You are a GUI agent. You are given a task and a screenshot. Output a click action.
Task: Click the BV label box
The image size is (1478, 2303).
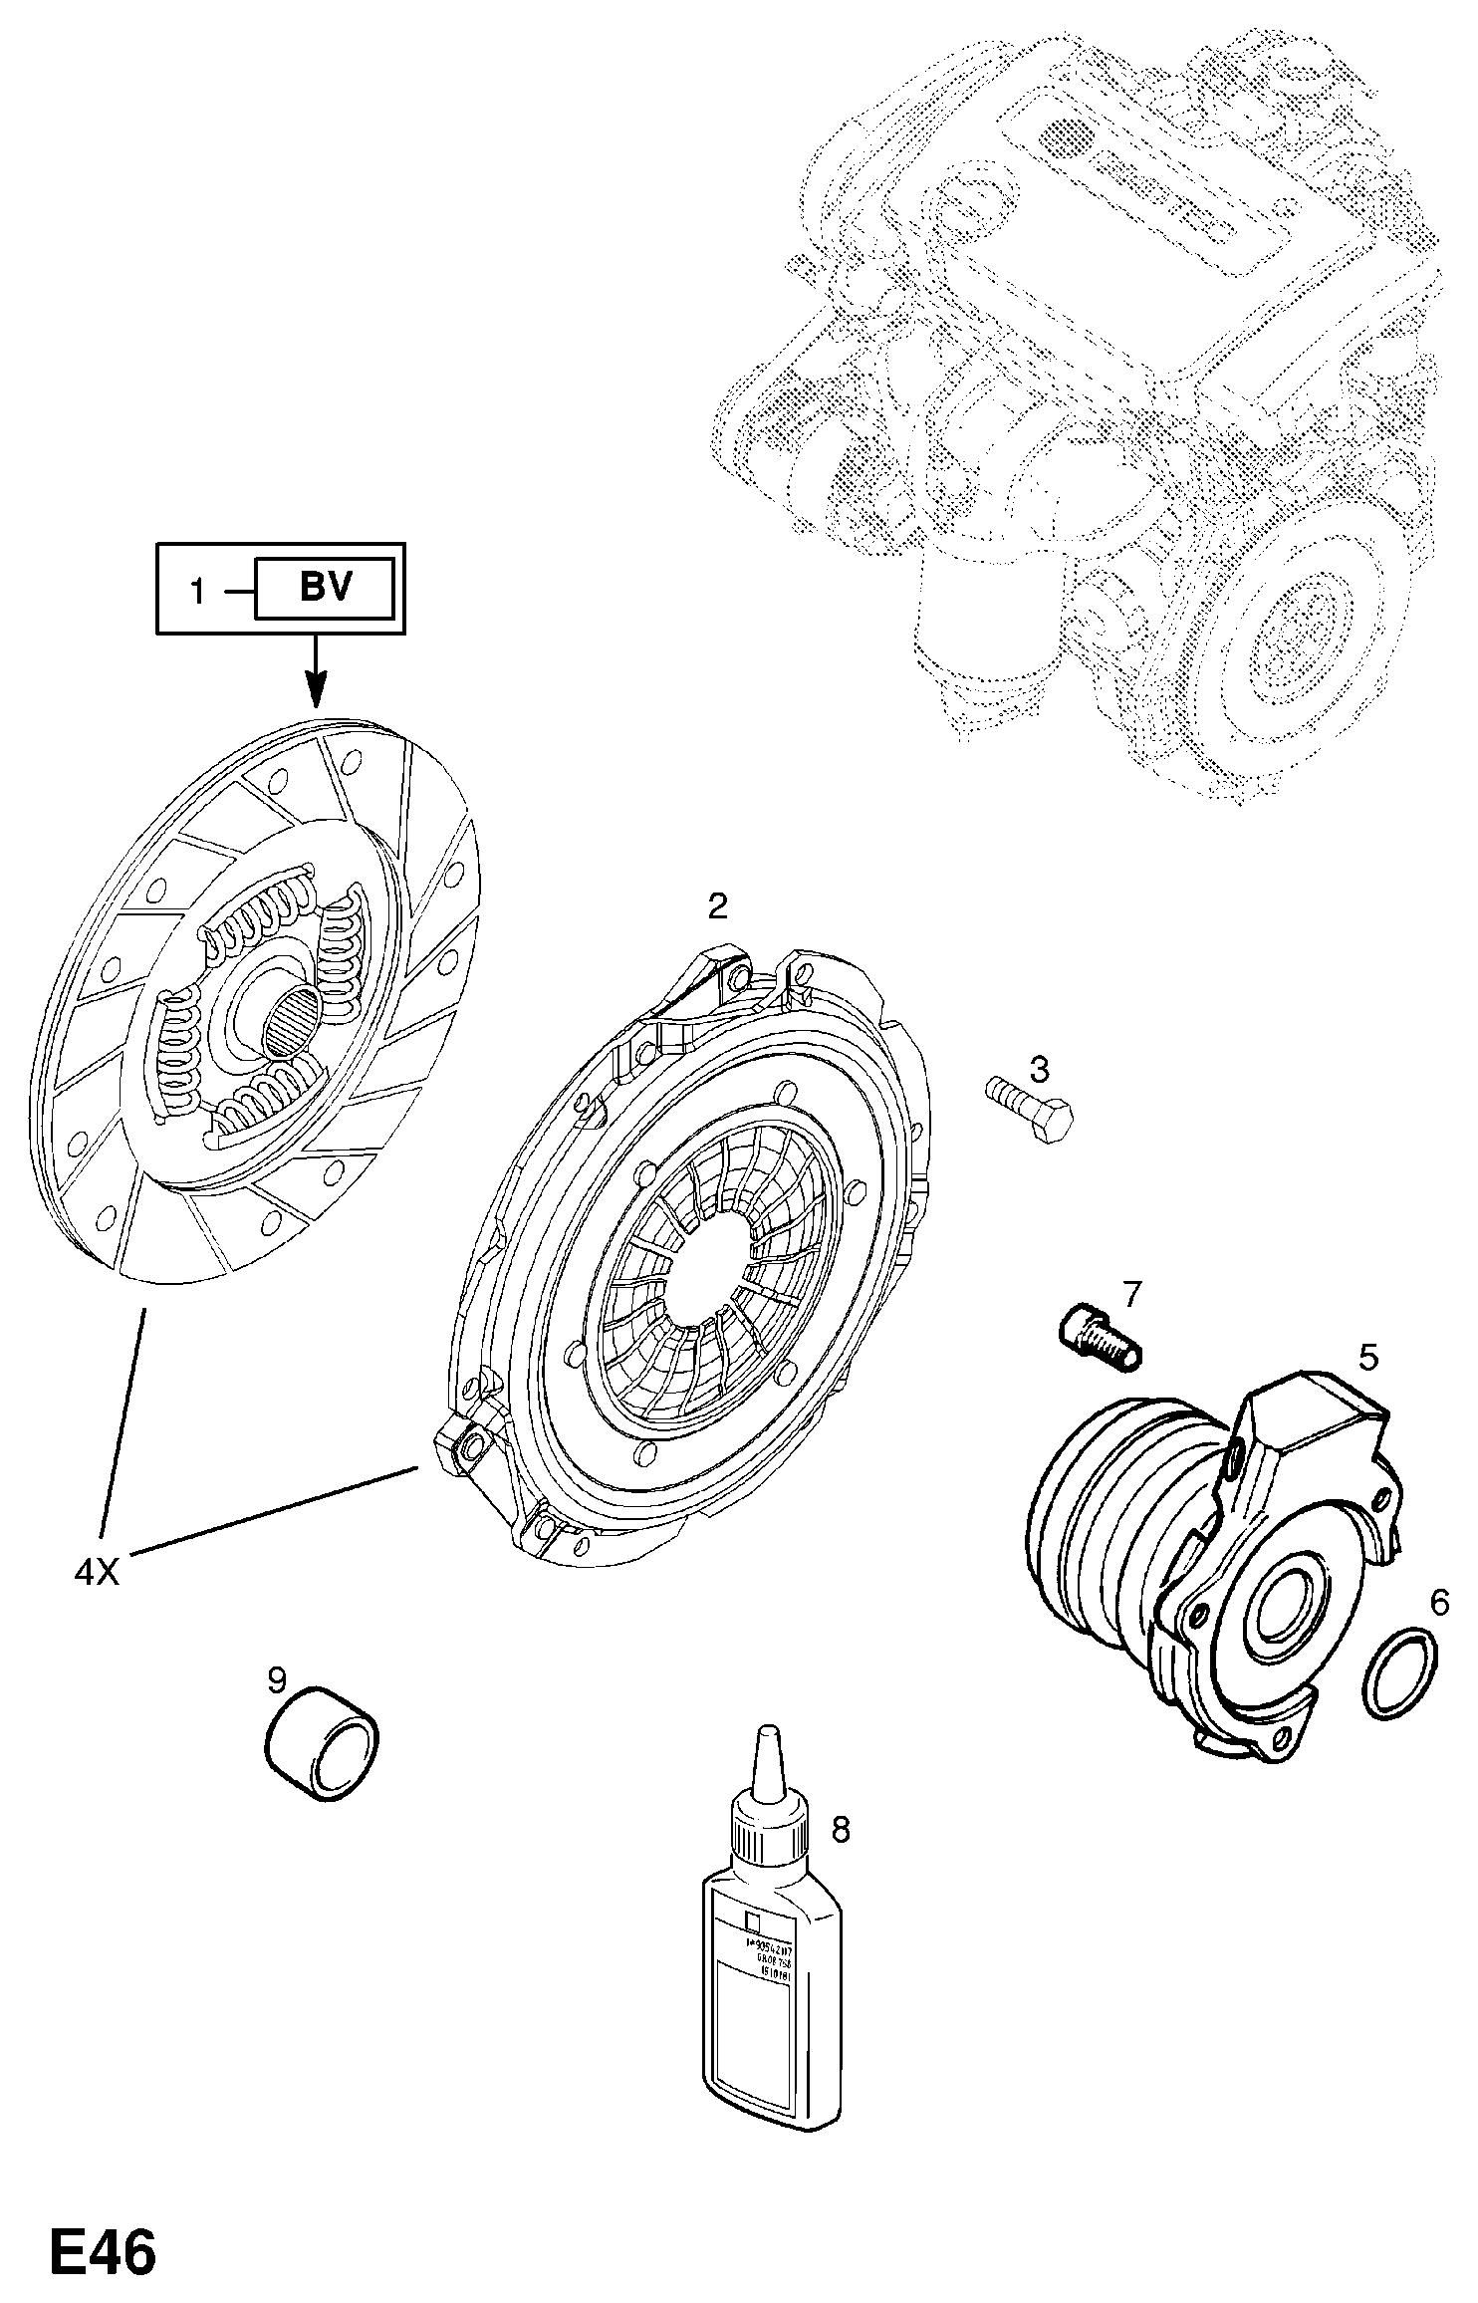[x=325, y=589]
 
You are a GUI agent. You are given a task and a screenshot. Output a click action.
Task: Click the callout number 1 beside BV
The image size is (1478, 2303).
[x=198, y=594]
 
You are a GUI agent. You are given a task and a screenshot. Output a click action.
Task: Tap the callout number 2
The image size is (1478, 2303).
[x=717, y=905]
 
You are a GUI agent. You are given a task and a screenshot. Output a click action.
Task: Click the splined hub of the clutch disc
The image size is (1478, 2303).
[x=291, y=1021]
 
